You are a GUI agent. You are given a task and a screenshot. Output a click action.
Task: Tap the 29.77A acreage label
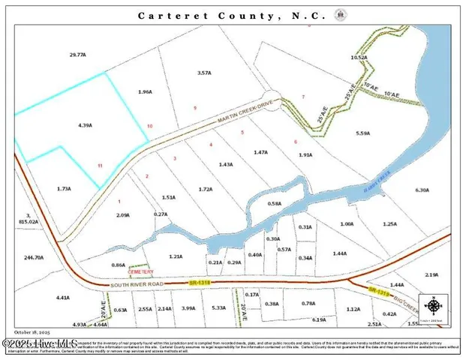(x=78, y=54)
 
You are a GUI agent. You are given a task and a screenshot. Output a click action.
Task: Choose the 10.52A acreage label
(x=359, y=57)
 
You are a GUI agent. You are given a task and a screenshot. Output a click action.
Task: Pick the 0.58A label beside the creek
(x=275, y=203)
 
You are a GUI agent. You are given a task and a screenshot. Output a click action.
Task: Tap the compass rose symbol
(x=434, y=306)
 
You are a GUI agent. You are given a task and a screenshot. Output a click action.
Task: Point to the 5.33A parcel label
(x=218, y=308)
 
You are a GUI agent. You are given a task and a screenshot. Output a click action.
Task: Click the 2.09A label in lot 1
(x=124, y=215)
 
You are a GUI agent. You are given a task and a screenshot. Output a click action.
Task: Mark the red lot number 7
(x=303, y=97)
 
